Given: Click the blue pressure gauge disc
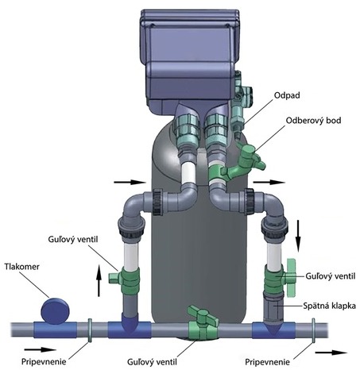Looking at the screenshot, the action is pos(56,310).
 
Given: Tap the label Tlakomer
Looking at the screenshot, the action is pos(22,267).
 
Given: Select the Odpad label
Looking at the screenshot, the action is pos(287,95).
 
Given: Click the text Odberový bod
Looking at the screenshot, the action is pos(313,121).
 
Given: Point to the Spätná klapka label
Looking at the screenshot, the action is pos(329,306).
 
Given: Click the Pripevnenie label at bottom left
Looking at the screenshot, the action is pos(44,362).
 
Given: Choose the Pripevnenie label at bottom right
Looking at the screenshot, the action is pos(267,362).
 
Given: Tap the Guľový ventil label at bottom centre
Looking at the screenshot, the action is pos(152,362).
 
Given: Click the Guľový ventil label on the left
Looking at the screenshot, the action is pos(73,240).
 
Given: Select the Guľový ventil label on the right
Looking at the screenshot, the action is pos(331,276).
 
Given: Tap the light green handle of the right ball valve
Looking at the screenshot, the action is pos(291,277).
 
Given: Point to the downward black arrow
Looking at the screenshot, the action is pos(298,236).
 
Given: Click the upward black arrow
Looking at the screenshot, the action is pos(99,280).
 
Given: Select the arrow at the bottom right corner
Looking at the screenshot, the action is pos(331,353).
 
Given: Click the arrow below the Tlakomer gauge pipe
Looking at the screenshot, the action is pos(41,349).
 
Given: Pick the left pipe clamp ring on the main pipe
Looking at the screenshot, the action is pos(90,330).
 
